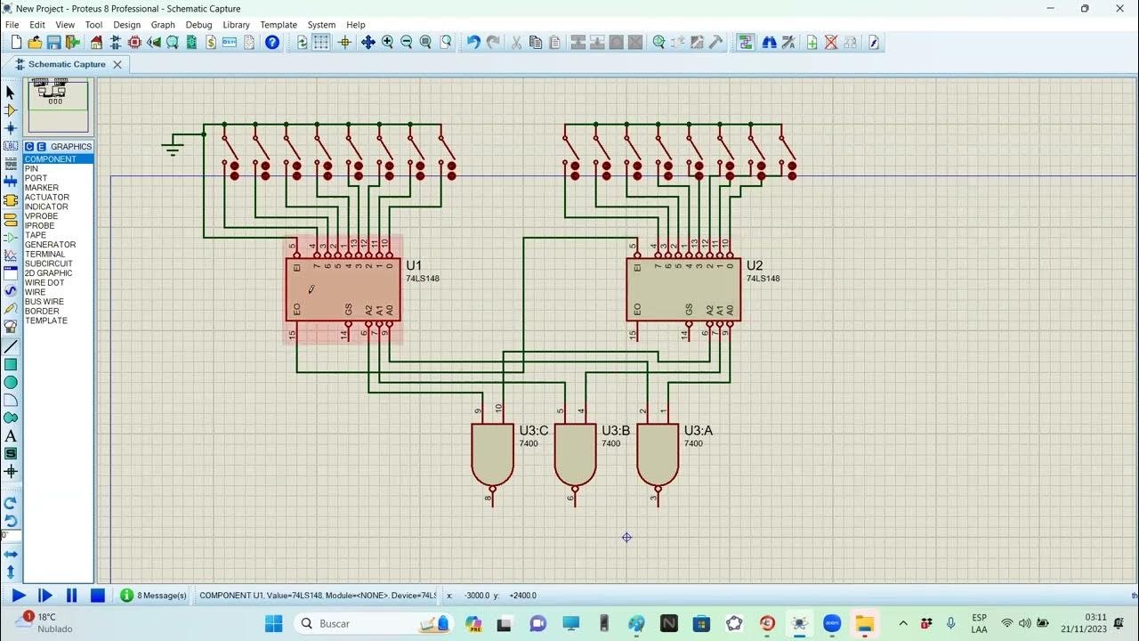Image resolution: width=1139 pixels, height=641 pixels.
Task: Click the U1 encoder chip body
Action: [x=343, y=289]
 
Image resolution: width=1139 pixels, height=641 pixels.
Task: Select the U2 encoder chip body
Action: [x=683, y=289]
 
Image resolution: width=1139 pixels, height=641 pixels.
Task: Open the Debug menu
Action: [x=198, y=25]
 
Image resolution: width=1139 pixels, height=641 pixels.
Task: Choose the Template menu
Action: [x=279, y=25]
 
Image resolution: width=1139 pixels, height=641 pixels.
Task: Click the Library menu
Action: [x=236, y=25]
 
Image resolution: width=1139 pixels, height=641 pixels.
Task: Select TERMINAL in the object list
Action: [x=44, y=255]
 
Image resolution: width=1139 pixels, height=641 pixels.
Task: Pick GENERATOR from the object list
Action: [x=50, y=245]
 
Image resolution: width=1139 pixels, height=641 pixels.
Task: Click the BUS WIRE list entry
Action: [x=44, y=302]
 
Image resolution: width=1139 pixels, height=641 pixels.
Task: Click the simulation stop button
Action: [x=98, y=596]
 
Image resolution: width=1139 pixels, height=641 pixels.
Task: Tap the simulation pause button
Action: [x=72, y=596]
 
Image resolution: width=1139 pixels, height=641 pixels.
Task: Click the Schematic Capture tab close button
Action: [x=117, y=64]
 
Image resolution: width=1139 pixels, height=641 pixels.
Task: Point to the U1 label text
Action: [x=414, y=265]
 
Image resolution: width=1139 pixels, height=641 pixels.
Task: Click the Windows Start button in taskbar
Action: [x=273, y=623]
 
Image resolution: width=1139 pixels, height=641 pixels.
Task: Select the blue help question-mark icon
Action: [x=272, y=42]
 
